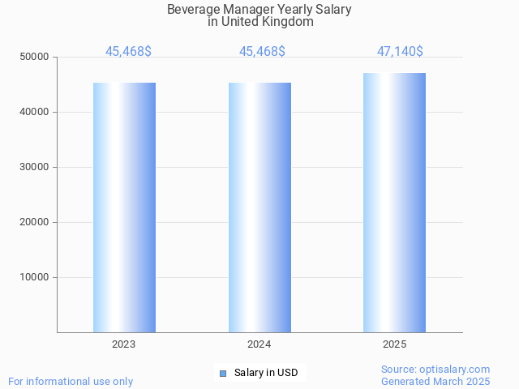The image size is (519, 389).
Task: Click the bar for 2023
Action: [x=124, y=207]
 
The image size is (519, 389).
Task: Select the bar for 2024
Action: [x=259, y=207]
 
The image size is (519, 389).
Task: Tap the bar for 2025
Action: [x=394, y=203]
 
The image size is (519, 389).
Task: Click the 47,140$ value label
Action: [x=400, y=52]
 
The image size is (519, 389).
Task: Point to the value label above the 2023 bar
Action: [x=128, y=52]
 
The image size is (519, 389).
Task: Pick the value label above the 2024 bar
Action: [x=262, y=52]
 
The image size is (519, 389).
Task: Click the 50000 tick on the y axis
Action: [x=36, y=57]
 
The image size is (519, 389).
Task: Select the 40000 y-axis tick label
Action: [x=36, y=112]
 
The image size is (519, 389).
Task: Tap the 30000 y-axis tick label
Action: [x=36, y=167]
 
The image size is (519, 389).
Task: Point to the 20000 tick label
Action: [x=36, y=222]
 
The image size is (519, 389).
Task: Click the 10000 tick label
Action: [x=36, y=277]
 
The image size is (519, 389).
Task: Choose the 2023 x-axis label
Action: [x=124, y=344]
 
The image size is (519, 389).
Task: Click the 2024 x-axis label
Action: [x=259, y=344]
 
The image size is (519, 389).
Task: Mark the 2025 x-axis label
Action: [x=394, y=344]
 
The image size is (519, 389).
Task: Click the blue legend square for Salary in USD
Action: [x=223, y=373]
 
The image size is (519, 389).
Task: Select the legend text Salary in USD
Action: [x=266, y=373]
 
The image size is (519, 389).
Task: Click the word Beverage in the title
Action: [x=194, y=10]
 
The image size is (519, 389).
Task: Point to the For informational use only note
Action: [x=71, y=381]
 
